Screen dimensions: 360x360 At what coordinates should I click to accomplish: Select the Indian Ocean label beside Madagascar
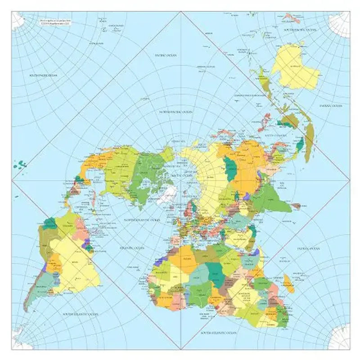(x=308, y=248)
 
